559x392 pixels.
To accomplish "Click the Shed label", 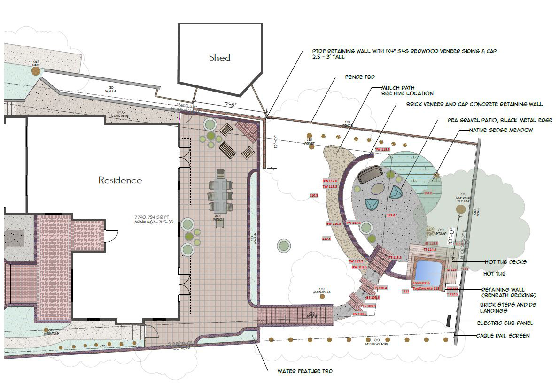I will [219, 58].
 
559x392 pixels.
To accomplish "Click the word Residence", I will [120, 180].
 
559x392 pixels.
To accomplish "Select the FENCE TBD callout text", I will [360, 77].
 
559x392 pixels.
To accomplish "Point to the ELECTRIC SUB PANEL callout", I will [505, 323].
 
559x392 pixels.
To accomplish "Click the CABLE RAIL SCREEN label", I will [503, 336].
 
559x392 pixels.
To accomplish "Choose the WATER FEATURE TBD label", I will [305, 371].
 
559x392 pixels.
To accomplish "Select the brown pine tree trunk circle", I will [36, 71].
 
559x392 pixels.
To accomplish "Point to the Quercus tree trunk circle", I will [462, 209].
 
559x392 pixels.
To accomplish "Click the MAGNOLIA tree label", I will [322, 292].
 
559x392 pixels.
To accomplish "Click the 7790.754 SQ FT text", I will [153, 217].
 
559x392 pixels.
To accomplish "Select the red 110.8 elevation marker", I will [313, 195].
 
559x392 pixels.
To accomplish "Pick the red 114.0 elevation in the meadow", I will [428, 193].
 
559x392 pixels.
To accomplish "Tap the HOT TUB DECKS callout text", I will [505, 262].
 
